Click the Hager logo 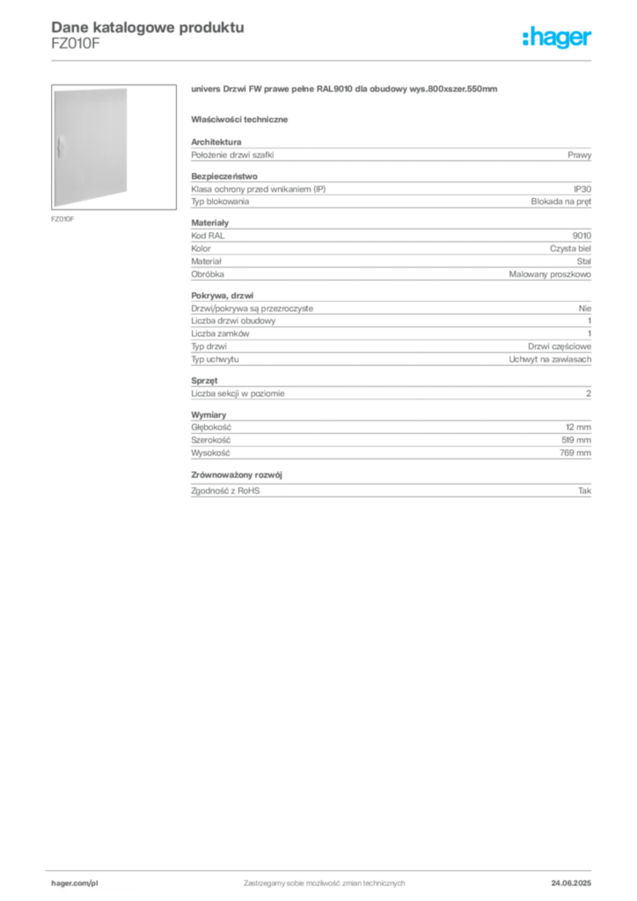pyautogui.click(x=557, y=37)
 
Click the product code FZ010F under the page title pyautogui.click(x=76, y=44)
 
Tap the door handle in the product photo pyautogui.click(x=59, y=147)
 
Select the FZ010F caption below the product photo pyautogui.click(x=62, y=219)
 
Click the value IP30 pyautogui.click(x=582, y=189)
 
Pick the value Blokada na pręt pyautogui.click(x=560, y=201)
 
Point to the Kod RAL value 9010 pyautogui.click(x=582, y=236)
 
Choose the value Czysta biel pyautogui.click(x=570, y=249)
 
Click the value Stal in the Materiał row pyautogui.click(x=583, y=261)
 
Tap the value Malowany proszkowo pyautogui.click(x=550, y=275)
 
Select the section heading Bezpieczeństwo pyautogui.click(x=224, y=176)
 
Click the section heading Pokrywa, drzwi pyautogui.click(x=222, y=296)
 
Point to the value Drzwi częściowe pyautogui.click(x=560, y=347)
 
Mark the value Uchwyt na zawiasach pyautogui.click(x=550, y=359)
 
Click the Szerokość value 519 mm pyautogui.click(x=576, y=440)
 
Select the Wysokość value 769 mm pyautogui.click(x=575, y=453)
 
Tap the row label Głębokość pyautogui.click(x=211, y=428)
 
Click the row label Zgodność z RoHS pyautogui.click(x=225, y=491)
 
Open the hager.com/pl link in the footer pyautogui.click(x=75, y=883)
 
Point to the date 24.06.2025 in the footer pyautogui.click(x=571, y=883)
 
